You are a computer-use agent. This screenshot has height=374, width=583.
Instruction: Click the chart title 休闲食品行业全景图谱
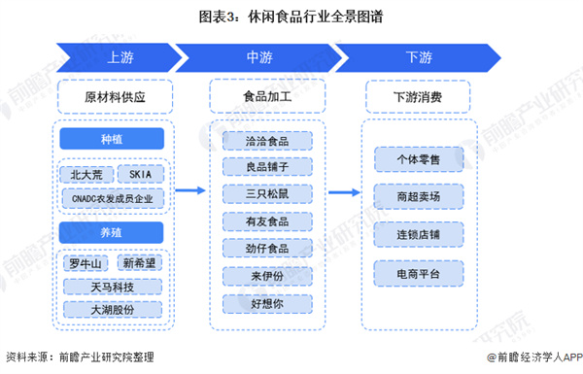(x=291, y=17)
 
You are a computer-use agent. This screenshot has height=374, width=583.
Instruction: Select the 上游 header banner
(x=114, y=57)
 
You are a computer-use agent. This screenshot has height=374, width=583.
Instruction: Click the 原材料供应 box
(x=114, y=97)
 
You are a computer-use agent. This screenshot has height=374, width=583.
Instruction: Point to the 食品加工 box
(x=265, y=97)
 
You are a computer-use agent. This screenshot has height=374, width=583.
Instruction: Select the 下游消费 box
(x=418, y=97)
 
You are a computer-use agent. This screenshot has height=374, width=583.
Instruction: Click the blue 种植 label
(x=114, y=139)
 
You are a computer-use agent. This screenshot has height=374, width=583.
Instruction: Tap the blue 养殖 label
(x=114, y=231)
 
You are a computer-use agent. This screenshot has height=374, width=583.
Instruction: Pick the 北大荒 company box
(x=85, y=175)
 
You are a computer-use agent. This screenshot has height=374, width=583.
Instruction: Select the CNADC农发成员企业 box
(x=113, y=199)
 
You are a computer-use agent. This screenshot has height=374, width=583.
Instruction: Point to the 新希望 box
(x=142, y=262)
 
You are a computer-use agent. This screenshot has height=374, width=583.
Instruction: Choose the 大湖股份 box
(x=113, y=309)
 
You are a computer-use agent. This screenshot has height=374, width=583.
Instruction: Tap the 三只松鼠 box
(x=265, y=194)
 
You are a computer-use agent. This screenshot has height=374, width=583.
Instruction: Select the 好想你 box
(x=265, y=303)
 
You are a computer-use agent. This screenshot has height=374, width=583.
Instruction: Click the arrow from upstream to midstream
(x=191, y=191)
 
